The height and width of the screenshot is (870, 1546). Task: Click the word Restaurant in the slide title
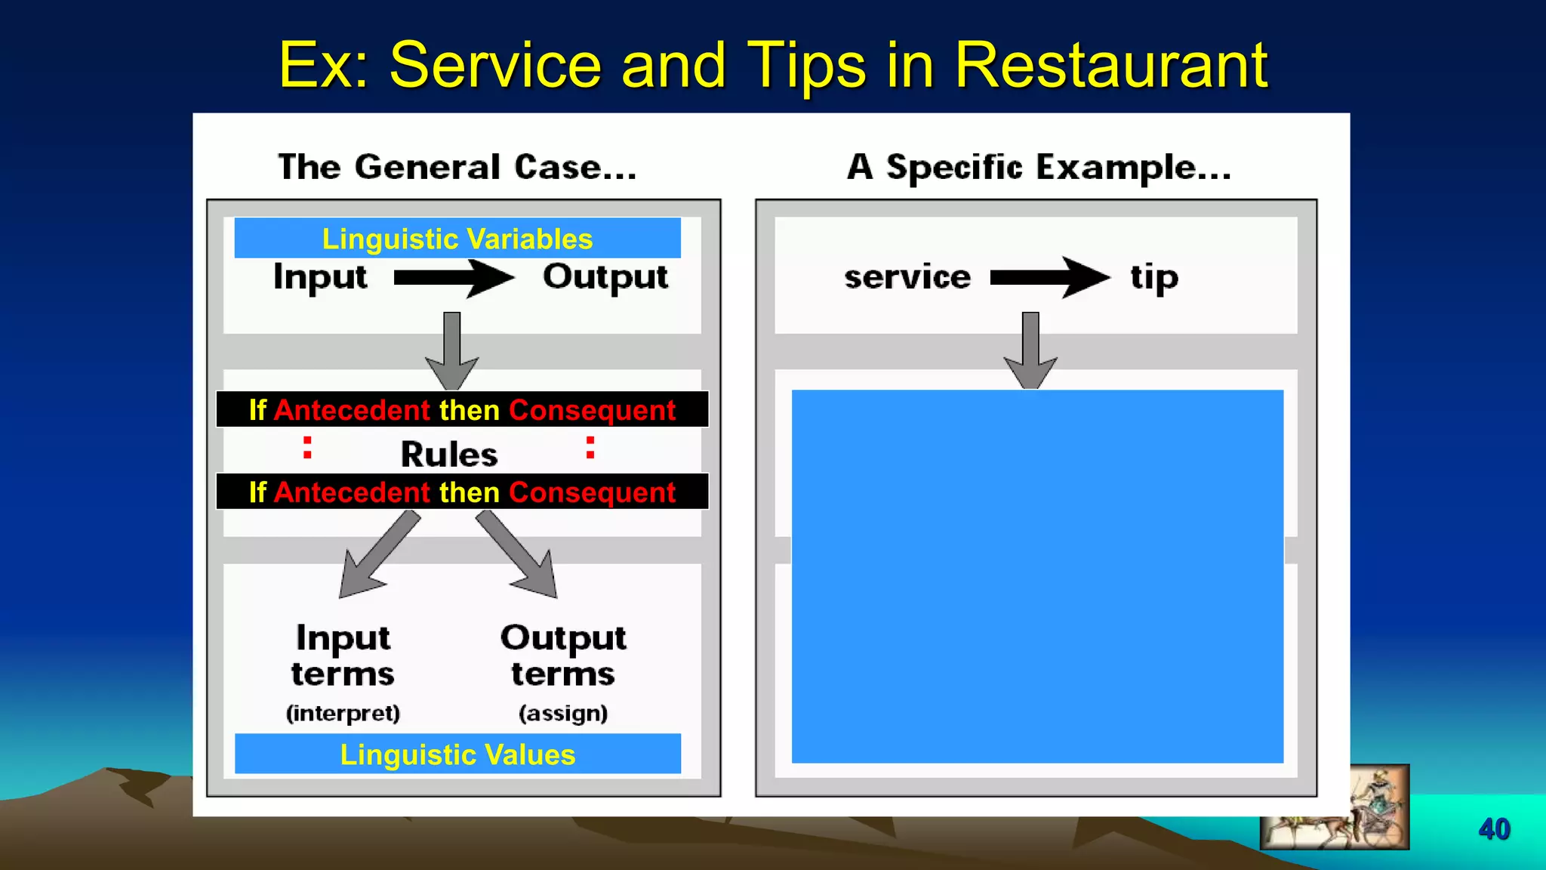point(1110,66)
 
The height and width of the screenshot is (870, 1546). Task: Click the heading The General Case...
point(457,167)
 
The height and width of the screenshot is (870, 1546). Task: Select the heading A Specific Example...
point(1039,167)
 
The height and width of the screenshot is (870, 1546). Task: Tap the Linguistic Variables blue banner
point(457,239)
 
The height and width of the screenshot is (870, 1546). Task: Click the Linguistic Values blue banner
point(457,754)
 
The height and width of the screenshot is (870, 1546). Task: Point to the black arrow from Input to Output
point(454,279)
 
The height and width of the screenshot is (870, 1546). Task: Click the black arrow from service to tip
point(1049,278)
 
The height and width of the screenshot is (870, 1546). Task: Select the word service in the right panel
point(907,277)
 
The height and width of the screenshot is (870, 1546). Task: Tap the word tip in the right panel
point(1153,278)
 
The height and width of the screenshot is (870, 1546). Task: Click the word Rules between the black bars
point(449,455)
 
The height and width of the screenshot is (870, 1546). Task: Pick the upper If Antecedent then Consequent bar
point(462,410)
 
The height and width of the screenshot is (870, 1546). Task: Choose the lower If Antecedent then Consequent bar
point(462,492)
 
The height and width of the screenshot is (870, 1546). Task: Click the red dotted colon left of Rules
point(307,447)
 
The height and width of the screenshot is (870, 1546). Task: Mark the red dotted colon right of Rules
point(590,447)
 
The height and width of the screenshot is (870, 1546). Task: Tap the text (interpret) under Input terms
point(343,713)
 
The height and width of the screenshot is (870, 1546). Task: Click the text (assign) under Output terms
point(563,713)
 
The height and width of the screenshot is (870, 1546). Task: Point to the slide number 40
point(1494,829)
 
